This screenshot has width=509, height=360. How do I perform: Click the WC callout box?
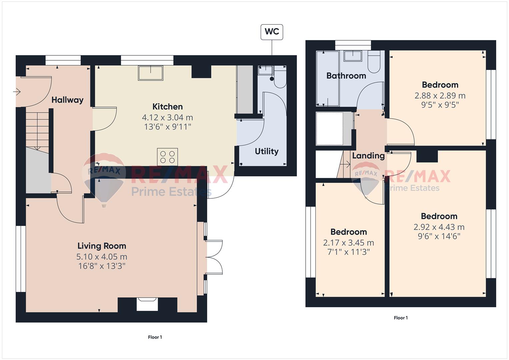pos(272,32)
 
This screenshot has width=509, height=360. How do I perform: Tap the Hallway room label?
pos(67,100)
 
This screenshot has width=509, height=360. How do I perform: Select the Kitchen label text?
pos(167,107)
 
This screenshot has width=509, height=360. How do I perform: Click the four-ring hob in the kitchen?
pos(167,157)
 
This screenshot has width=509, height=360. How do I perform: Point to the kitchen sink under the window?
pos(151,73)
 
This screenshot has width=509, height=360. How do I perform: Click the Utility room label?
pos(267,151)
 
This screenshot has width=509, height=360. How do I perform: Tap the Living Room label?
pos(102,246)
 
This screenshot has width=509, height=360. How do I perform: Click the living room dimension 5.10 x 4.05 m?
pos(102,257)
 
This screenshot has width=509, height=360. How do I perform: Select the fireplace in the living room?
pos(147,304)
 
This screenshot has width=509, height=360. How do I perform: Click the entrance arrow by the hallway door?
pos(17,92)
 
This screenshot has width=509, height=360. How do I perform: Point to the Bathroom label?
pos(346,76)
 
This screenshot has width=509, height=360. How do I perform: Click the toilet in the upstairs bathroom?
pos(374,62)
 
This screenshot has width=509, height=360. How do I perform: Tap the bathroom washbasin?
pos(353,56)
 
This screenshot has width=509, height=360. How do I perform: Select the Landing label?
pos(368,156)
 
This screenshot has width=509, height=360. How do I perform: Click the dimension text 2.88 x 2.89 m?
pos(440,96)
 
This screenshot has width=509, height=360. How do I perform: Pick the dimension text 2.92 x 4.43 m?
pos(439,227)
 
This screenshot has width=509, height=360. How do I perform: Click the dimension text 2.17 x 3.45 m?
pos(349,243)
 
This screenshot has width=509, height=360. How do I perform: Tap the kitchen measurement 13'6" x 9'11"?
pos(167,127)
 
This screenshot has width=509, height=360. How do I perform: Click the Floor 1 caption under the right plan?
pos(401,318)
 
